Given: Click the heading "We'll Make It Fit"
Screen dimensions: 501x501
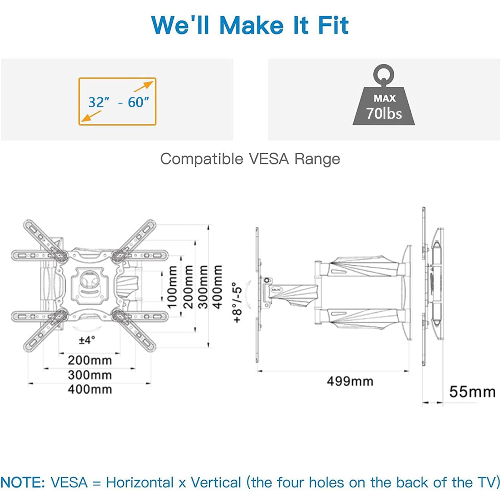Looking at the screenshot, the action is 250,25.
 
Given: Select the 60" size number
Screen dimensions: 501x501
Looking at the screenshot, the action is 138,102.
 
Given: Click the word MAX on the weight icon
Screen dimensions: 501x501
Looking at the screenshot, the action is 385,98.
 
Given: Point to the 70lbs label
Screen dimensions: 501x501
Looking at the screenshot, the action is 384,113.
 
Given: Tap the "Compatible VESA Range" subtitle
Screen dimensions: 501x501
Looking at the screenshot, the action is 250,159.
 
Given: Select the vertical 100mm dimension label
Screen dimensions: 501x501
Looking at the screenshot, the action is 172,287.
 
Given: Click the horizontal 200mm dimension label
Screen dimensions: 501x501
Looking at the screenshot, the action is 90,360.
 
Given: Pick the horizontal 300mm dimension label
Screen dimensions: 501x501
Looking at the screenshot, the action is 90,375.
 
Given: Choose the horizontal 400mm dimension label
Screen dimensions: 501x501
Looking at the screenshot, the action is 90,389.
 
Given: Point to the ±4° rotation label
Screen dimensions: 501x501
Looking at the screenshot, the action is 87,340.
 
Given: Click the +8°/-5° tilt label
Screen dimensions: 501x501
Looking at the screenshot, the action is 237,302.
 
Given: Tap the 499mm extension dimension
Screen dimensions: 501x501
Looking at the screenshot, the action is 350,381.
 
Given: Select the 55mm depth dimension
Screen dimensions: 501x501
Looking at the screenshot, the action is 472,392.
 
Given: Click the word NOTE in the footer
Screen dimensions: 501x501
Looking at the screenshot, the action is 23,482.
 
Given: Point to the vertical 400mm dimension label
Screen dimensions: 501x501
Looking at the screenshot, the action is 217,287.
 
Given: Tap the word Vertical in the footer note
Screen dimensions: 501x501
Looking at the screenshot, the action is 216,482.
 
